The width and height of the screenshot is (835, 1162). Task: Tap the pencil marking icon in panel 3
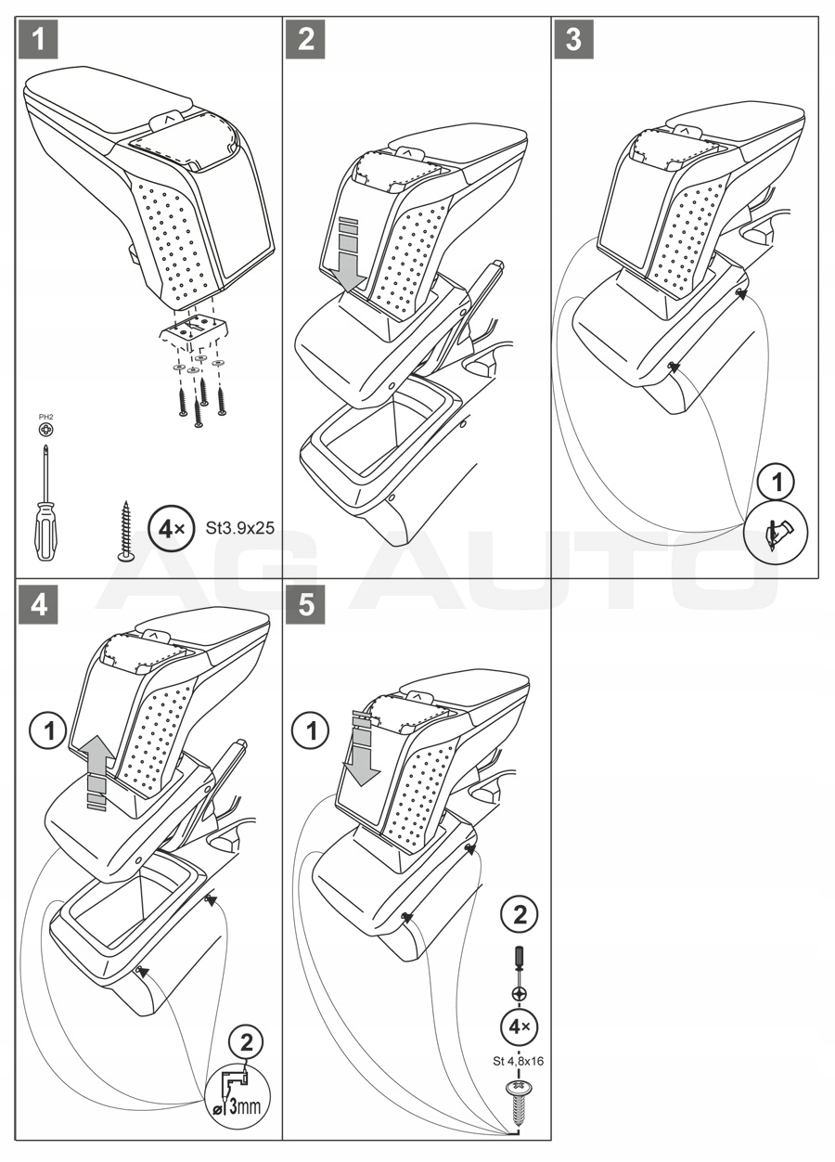tap(777, 535)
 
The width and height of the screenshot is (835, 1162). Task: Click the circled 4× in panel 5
tap(520, 1027)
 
